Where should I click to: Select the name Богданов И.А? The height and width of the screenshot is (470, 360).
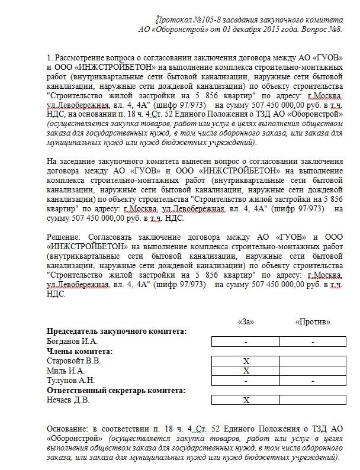(x=72, y=342)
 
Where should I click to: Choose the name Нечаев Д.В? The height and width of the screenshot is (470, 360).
(x=69, y=400)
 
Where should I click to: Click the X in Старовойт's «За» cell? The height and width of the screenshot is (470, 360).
(x=245, y=361)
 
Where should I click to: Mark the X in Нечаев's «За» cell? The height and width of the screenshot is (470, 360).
(x=245, y=400)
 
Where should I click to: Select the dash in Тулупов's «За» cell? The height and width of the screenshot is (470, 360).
(x=245, y=381)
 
